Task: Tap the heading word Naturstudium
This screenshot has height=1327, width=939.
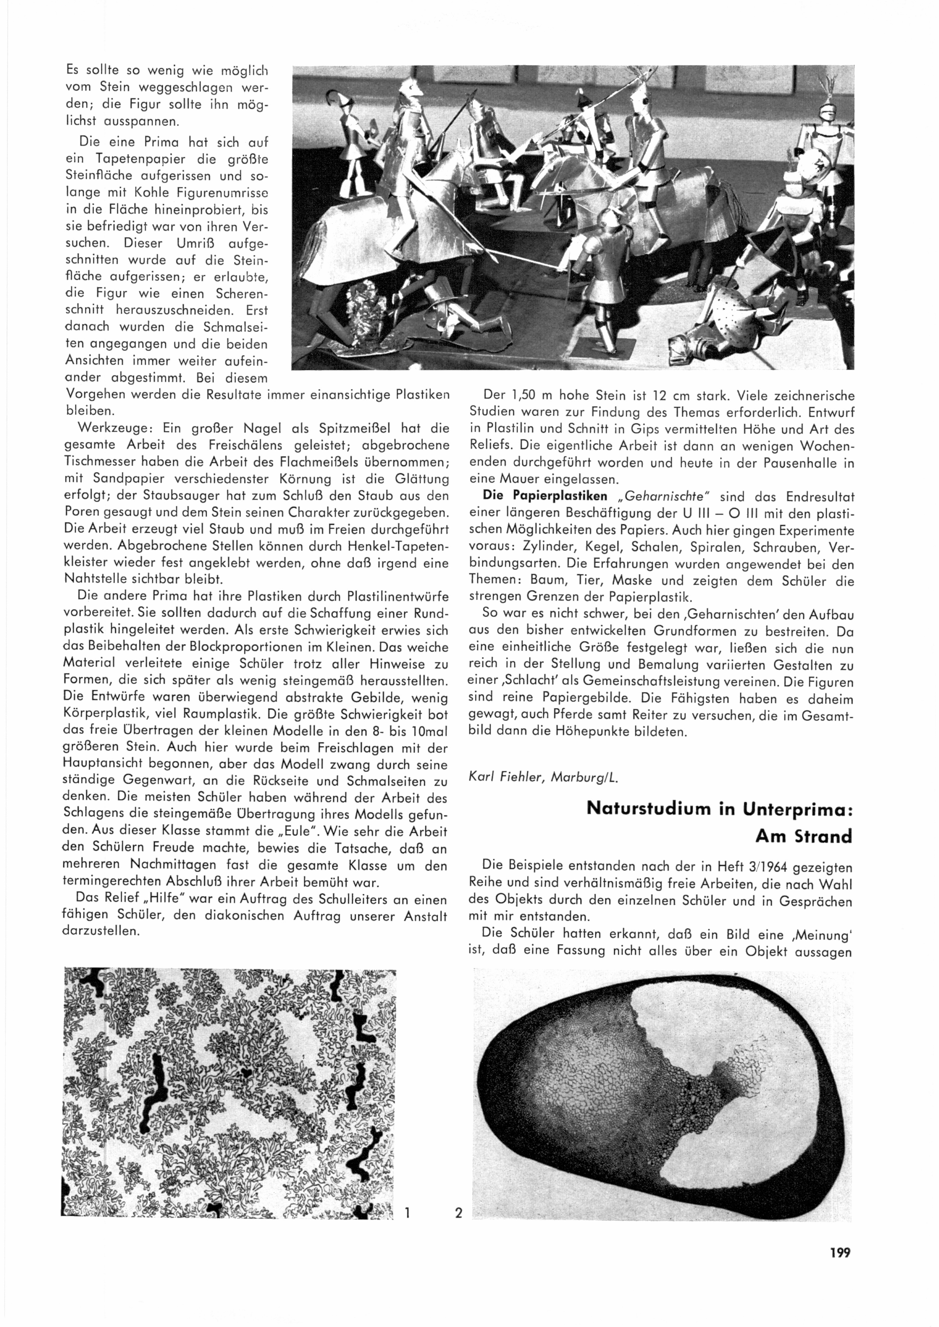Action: click(x=649, y=808)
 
